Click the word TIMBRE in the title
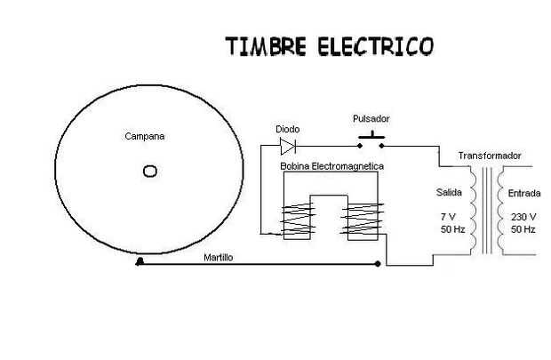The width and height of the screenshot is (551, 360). click(266, 46)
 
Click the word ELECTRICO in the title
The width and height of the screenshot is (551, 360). click(376, 46)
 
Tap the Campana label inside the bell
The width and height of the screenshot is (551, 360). click(145, 136)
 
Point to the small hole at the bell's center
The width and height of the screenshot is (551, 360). click(150, 172)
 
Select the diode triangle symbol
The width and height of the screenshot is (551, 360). click(288, 147)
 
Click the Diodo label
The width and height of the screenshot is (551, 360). click(287, 130)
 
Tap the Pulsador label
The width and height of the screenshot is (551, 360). click(371, 119)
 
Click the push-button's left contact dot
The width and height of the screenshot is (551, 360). click(360, 146)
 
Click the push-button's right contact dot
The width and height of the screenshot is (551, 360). click(381, 146)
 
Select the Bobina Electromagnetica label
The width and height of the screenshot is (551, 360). click(331, 166)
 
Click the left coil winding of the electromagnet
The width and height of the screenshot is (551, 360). click(298, 219)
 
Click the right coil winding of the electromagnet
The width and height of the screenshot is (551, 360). click(363, 219)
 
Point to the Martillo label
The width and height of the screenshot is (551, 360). click(219, 258)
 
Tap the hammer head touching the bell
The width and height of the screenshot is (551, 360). click(140, 262)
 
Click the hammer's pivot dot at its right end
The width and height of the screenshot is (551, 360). click(378, 264)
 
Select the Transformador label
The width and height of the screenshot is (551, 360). click(490, 156)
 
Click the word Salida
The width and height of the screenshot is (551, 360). click(449, 193)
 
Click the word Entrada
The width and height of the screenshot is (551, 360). click(524, 194)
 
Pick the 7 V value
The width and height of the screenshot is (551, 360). click(448, 217)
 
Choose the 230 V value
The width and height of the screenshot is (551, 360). click(523, 217)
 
